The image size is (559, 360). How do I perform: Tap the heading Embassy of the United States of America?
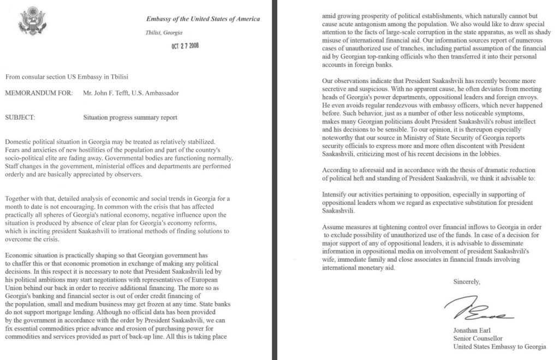(203, 19)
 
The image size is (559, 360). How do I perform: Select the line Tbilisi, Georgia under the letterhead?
(164, 33)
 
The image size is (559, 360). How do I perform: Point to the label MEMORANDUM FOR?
(38, 93)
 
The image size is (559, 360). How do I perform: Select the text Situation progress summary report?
(130, 117)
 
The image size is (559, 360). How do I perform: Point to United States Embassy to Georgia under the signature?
(499, 346)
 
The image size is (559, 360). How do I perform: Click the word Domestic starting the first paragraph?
(19, 142)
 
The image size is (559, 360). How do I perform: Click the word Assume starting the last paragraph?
(334, 227)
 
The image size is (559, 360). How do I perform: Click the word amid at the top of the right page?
(330, 16)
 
